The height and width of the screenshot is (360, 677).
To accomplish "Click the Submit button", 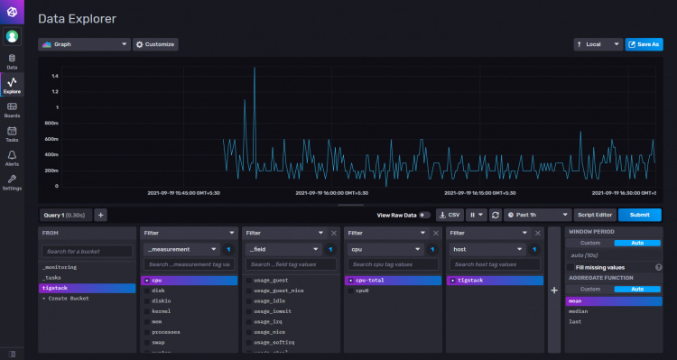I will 639,215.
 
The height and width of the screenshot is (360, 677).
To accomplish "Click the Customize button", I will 155,43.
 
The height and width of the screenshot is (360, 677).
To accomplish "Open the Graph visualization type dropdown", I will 85,43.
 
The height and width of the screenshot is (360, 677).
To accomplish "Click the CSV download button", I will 449,215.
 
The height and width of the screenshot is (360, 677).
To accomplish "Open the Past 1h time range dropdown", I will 538,215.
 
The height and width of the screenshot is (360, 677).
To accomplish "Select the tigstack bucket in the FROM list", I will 56,288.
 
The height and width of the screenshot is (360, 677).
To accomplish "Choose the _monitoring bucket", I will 60,267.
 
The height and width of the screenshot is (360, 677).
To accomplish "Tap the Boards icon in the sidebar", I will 13,109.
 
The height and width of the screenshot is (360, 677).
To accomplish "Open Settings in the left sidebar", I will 13,182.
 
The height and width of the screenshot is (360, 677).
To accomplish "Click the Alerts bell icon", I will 13,158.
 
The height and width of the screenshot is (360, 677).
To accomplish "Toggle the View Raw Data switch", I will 424,215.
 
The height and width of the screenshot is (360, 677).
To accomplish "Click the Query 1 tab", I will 64,215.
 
